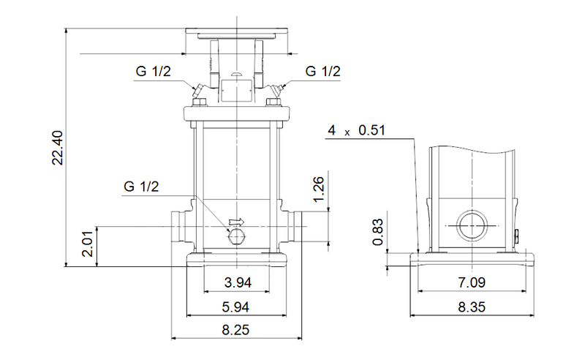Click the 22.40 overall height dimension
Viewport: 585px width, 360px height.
point(58,148)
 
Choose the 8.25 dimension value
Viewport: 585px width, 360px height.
point(236,330)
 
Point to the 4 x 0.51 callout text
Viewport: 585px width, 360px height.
point(356,131)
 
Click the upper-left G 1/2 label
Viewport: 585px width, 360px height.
point(154,71)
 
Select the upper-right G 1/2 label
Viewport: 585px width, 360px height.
point(322,71)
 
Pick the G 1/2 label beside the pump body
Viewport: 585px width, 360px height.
point(140,187)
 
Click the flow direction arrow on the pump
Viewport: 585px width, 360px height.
point(236,222)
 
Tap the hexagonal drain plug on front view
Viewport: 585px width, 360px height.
point(236,235)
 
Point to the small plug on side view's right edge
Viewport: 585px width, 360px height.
point(518,236)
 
